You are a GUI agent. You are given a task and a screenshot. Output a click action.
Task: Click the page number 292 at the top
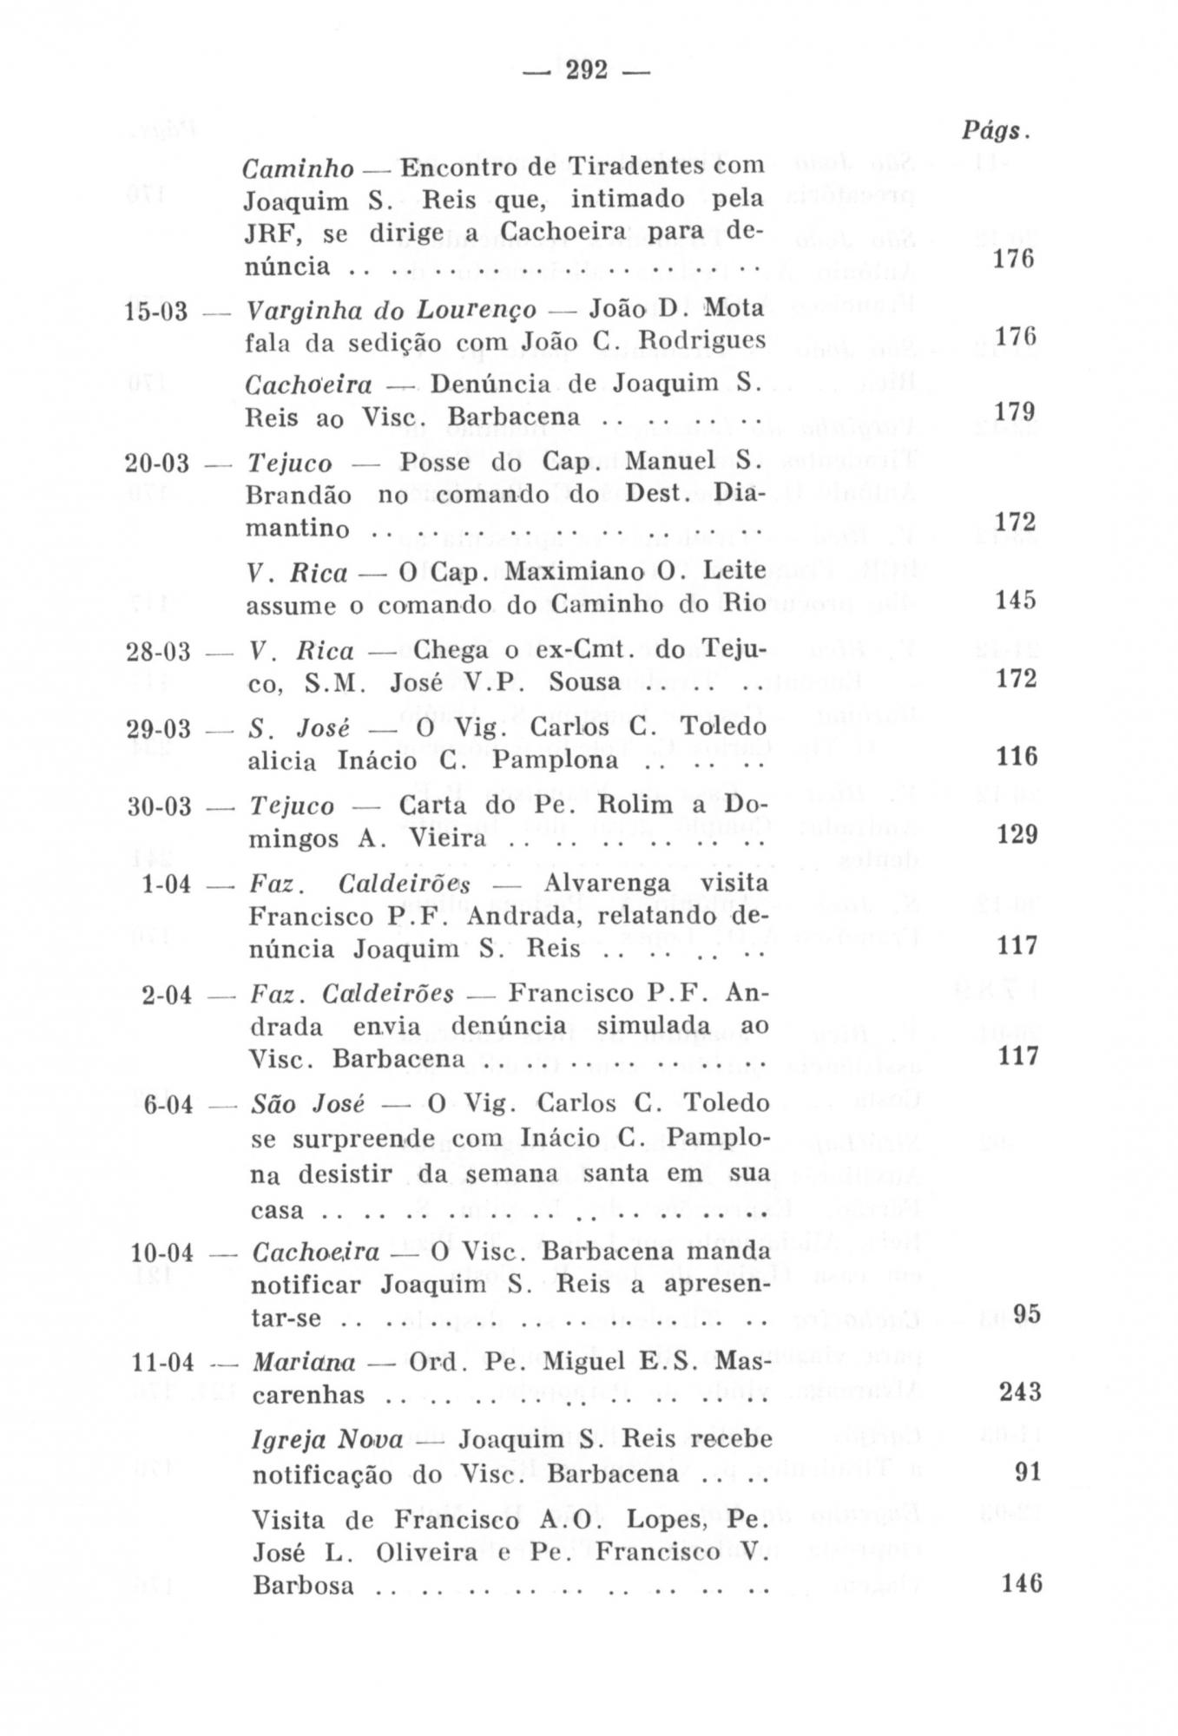pos(586,69)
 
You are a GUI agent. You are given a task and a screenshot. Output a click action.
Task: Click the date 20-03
pos(157,463)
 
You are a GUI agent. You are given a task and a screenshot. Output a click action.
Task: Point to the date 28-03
pos(158,651)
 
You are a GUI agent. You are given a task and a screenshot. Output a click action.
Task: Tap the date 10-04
pos(161,1253)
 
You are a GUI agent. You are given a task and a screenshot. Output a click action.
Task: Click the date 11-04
pos(162,1362)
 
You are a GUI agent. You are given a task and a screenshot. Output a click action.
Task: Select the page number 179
pos(1016,411)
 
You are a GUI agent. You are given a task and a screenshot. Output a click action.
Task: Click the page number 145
pos(1016,600)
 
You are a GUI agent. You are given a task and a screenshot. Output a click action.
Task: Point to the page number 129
pos(1017,835)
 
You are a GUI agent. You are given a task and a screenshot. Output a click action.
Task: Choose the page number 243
pos(1019,1392)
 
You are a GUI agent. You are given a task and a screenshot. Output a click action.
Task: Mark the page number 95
pos(1026,1314)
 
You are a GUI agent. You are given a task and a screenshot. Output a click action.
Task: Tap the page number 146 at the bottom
pos(1021,1583)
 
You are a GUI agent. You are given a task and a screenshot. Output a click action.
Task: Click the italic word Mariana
pos(304,1362)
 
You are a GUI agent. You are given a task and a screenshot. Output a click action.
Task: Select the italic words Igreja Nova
pos(327,1440)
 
